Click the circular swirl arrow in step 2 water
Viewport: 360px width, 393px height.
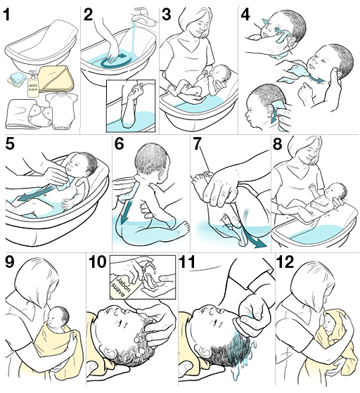112,63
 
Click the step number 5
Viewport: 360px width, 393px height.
10,145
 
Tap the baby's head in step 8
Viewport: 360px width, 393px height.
337,193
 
